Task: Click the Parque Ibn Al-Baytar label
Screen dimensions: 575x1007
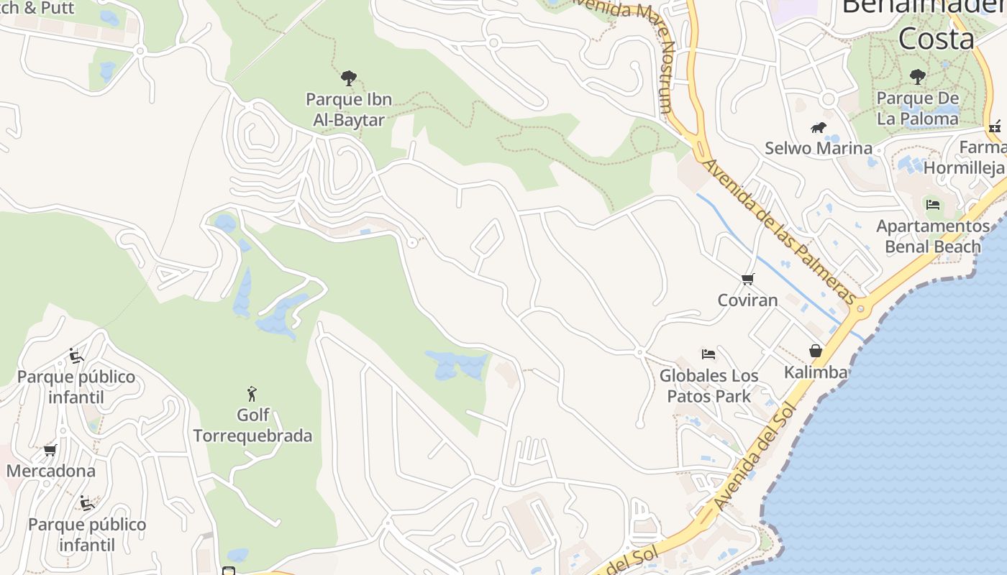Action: [349, 109]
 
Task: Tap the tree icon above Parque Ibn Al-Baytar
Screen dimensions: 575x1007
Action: [349, 78]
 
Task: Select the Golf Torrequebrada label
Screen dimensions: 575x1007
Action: [252, 425]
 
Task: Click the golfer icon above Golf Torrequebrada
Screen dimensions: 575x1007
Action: [252, 394]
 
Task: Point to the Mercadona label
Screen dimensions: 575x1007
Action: [51, 471]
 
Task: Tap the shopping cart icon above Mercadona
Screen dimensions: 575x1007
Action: [50, 450]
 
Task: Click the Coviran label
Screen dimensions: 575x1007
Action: [748, 300]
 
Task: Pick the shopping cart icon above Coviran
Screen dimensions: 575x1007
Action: [748, 279]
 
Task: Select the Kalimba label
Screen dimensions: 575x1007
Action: [816, 372]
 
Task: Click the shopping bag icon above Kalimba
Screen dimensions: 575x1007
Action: [816, 351]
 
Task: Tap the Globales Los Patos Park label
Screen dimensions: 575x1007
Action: [709, 386]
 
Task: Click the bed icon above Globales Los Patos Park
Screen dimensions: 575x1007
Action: [708, 354]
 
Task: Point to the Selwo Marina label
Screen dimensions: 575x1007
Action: [819, 148]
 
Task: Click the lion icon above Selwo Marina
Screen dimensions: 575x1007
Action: [819, 128]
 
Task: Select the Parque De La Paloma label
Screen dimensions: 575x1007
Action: [918, 109]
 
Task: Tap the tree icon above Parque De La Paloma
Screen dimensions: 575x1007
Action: [917, 76]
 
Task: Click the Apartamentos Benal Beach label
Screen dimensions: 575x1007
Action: [933, 236]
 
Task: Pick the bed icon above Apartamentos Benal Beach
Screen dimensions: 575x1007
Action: [933, 205]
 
